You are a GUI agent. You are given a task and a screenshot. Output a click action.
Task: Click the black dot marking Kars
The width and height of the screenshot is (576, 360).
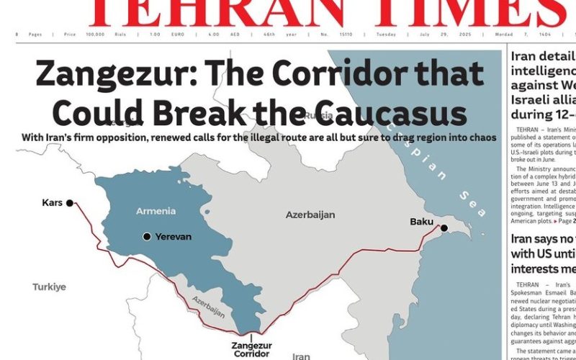click(70, 203)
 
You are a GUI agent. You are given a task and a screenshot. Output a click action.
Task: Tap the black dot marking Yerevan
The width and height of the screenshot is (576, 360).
click(147, 236)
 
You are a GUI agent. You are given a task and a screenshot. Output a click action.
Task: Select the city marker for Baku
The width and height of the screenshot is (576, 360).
click(444, 228)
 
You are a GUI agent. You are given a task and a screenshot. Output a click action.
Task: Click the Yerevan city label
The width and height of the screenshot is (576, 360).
click(174, 236)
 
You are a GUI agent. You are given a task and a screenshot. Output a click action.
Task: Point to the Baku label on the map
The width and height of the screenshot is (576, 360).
click(421, 221)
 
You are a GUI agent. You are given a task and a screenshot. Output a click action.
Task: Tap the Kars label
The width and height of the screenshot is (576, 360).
click(53, 203)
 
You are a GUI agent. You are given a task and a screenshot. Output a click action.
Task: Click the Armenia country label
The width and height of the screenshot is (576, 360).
click(156, 211)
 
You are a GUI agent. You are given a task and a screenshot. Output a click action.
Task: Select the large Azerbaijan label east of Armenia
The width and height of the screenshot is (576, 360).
click(311, 215)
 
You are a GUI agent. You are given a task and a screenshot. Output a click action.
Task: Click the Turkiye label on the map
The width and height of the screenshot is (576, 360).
click(49, 287)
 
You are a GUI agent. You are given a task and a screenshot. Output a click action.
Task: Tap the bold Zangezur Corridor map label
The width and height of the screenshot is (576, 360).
click(251, 349)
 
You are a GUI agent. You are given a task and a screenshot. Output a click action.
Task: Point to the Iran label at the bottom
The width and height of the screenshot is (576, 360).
click(301, 356)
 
